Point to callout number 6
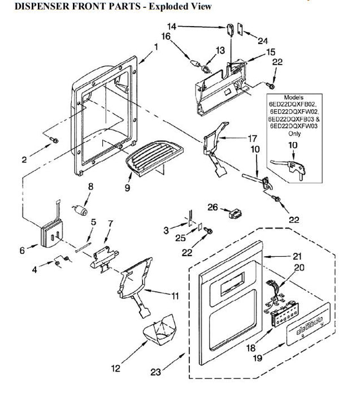coord(23,249)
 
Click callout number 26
coord(212,207)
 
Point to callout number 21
coord(297,256)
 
